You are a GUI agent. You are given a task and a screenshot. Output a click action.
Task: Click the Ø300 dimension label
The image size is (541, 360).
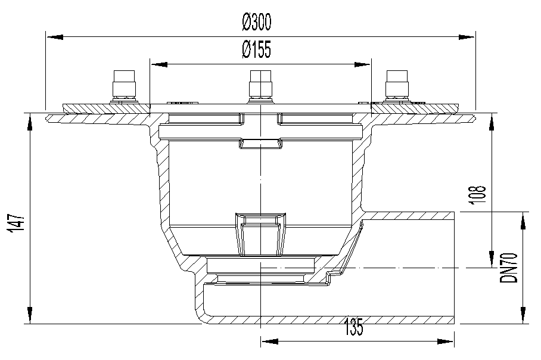coord(257,21)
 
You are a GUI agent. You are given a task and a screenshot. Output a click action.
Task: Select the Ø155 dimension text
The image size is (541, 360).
coord(257,49)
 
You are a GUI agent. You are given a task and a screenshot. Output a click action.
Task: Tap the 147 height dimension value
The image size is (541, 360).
coord(17,224)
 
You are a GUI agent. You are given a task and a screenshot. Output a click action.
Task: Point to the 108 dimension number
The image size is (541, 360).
coord(478,195)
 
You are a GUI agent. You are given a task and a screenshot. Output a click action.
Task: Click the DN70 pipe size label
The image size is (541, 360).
coord(509,268)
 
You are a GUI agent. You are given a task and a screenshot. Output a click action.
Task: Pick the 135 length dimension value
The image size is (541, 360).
coord(354,327)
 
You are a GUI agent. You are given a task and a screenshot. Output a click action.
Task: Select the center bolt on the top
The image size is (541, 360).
coord(260,86)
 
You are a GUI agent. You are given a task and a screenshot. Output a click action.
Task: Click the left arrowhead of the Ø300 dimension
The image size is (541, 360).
coord(54,37)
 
